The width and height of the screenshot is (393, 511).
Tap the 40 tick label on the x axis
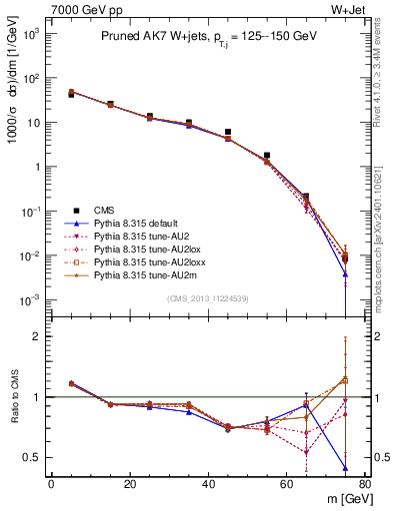(208, 484)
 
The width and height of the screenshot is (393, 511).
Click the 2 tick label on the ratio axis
(36, 336)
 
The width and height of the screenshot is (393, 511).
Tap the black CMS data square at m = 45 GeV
(228, 132)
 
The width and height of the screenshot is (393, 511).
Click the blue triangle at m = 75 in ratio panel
(345, 468)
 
